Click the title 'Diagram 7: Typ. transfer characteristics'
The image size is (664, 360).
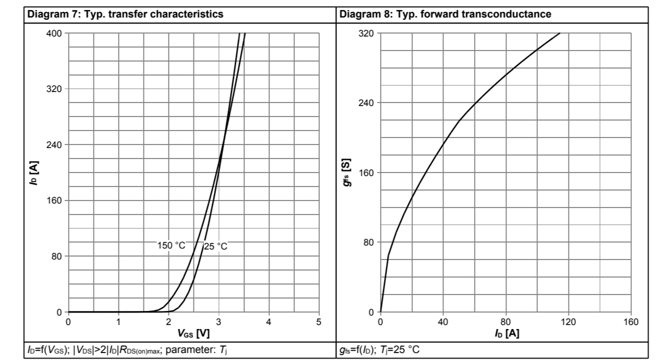[x=125, y=14]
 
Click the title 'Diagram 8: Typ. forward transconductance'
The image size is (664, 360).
[x=445, y=14]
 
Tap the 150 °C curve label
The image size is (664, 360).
[x=171, y=245]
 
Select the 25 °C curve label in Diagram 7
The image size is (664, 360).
[x=215, y=246]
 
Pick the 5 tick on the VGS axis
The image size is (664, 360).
[x=319, y=321]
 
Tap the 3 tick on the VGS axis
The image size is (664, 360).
[x=218, y=321]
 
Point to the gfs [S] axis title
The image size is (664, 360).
[x=346, y=173]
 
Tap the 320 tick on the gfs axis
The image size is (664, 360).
[x=368, y=33]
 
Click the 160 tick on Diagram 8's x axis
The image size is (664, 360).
[x=631, y=321]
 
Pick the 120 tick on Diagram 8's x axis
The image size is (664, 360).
[x=568, y=321]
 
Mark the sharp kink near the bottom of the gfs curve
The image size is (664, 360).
[x=388, y=256]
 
